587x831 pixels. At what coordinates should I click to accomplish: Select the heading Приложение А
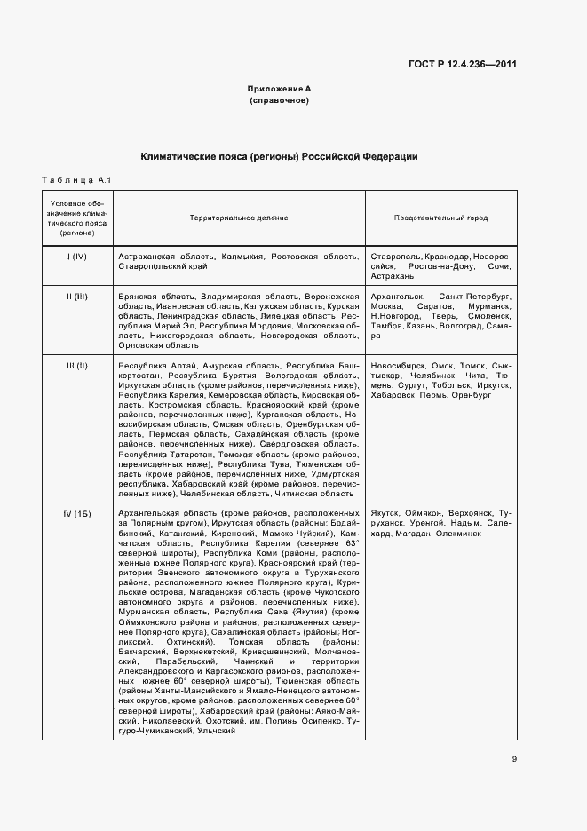tap(279, 90)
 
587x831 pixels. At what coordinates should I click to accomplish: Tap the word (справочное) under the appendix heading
tap(279, 101)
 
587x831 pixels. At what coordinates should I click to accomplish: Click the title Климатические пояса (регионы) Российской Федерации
tap(279, 156)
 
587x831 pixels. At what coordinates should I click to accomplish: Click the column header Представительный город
tap(440, 218)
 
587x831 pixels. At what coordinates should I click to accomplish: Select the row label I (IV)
tap(76, 256)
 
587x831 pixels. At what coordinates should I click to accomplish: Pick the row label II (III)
tap(76, 295)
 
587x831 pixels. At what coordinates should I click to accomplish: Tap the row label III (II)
tap(76, 366)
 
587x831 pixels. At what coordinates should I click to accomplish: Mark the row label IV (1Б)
tap(76, 515)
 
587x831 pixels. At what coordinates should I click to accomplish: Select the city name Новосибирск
tap(398, 366)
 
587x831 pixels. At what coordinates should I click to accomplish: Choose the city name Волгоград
tap(462, 326)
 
